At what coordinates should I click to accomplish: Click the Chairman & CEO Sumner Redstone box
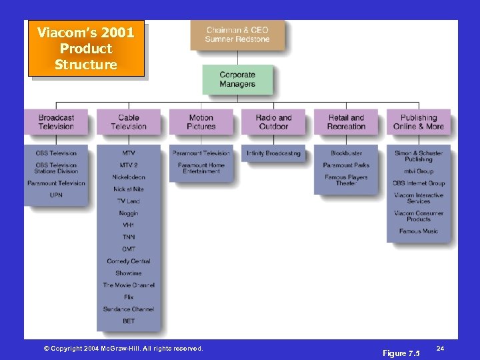(x=237, y=35)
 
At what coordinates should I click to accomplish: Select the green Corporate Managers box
(x=237, y=79)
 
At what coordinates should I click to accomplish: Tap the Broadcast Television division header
(x=56, y=122)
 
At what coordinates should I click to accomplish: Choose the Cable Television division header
(x=129, y=122)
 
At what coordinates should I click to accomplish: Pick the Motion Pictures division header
(x=201, y=122)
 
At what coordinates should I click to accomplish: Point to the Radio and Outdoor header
(x=273, y=122)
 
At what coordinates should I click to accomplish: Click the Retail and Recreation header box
(x=346, y=122)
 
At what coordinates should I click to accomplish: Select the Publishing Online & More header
(x=419, y=122)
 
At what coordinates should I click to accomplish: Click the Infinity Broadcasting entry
(x=273, y=153)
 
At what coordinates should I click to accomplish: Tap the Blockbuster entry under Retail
(x=346, y=153)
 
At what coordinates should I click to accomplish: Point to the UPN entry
(x=56, y=195)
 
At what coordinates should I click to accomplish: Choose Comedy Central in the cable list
(x=129, y=261)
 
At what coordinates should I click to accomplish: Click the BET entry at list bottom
(x=129, y=321)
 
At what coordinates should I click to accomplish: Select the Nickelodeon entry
(x=129, y=177)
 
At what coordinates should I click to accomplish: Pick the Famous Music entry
(x=419, y=231)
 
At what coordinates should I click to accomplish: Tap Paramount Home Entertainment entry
(x=201, y=168)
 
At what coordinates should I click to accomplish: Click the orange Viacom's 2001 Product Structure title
(x=85, y=49)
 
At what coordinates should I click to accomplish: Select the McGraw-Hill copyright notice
(x=123, y=349)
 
